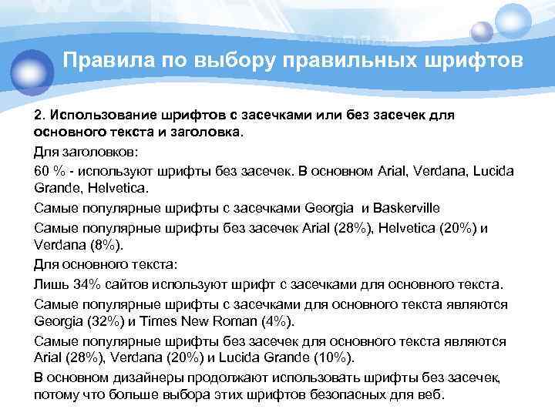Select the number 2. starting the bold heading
(40, 114)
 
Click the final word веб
(430, 395)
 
